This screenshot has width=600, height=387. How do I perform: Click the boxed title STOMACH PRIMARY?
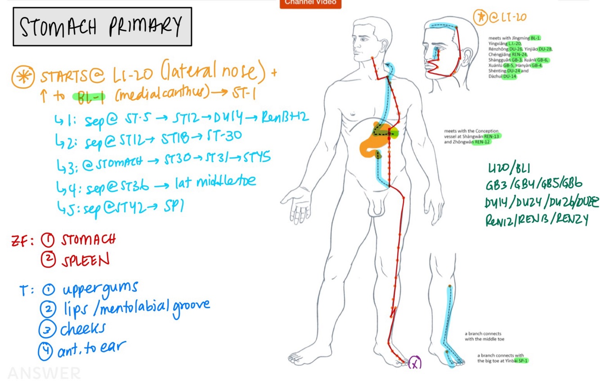(102, 27)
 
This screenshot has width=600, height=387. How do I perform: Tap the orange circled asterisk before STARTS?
(23, 77)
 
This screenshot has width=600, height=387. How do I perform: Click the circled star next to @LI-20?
(480, 18)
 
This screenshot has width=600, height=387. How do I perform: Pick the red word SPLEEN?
(85, 260)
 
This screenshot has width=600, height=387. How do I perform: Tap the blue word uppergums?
(99, 289)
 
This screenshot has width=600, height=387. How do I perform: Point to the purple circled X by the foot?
(415, 363)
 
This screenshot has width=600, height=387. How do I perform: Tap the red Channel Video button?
(310, 3)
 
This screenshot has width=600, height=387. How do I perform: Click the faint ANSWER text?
(44, 373)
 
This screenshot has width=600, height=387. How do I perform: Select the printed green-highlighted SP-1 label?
(522, 360)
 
